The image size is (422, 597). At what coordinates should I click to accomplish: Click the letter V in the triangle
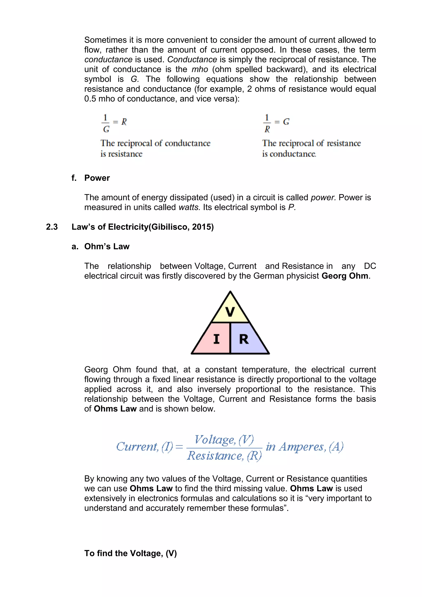click(230, 312)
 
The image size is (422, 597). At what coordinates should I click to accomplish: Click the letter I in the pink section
click(216, 339)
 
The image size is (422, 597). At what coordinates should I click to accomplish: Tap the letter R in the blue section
click(244, 339)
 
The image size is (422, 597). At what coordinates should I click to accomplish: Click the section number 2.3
click(52, 227)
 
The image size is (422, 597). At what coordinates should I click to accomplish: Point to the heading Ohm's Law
click(107, 246)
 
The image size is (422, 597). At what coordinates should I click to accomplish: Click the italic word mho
click(200, 69)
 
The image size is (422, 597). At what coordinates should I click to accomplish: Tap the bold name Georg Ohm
click(345, 276)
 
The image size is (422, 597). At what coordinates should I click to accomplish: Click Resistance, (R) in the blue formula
click(224, 456)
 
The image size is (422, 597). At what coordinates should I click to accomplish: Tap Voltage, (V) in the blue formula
click(224, 440)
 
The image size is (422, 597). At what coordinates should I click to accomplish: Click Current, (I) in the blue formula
click(144, 447)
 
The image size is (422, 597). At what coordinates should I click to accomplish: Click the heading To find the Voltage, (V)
click(130, 553)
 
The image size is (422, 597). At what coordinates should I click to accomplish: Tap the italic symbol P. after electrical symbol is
click(292, 207)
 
